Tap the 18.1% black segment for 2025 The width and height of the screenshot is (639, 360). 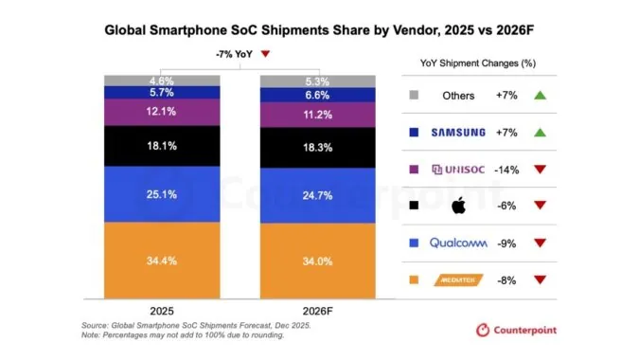[x=161, y=147]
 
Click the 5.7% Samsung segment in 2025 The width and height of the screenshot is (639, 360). [x=161, y=93]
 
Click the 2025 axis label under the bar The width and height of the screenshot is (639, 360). [x=161, y=310]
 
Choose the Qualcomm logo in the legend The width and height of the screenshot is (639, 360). [x=458, y=243]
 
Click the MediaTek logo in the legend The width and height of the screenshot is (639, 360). [x=458, y=279]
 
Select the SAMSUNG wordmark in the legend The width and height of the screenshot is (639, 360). [x=458, y=132]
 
